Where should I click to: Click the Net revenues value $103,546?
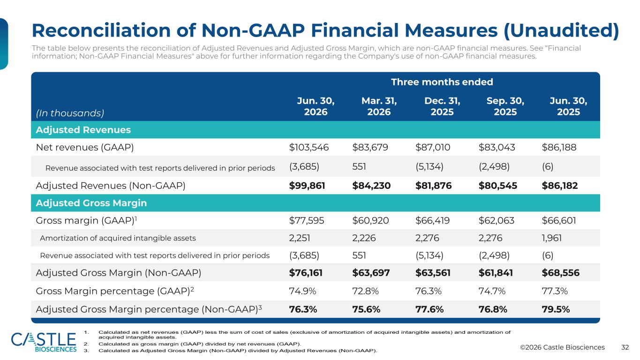click(x=309, y=148)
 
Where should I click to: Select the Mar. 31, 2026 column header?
click(x=379, y=106)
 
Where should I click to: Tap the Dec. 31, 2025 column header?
click(x=442, y=106)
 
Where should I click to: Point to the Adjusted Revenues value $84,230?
click(x=371, y=186)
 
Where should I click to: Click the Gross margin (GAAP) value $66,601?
click(x=559, y=221)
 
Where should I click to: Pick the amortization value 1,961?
click(x=551, y=238)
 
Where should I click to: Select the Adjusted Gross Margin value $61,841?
click(x=496, y=273)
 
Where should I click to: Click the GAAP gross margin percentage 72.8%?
click(x=365, y=291)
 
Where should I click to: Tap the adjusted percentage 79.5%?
click(x=556, y=309)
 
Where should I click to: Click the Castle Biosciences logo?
click(x=44, y=342)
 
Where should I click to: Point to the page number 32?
click(x=625, y=347)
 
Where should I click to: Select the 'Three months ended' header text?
click(x=442, y=82)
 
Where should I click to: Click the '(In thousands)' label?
click(x=70, y=113)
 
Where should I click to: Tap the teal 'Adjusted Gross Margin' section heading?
click(x=91, y=203)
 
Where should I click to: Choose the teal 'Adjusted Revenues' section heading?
click(x=83, y=130)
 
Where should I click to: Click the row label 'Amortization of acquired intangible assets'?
click(x=118, y=238)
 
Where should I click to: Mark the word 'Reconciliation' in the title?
click(x=101, y=30)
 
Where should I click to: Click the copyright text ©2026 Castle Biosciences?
click(x=562, y=347)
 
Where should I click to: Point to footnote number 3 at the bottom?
click(x=86, y=351)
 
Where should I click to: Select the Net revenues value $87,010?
click(x=433, y=148)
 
